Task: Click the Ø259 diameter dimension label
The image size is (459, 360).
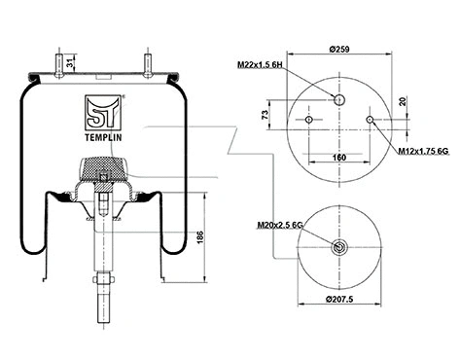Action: [x=340, y=50]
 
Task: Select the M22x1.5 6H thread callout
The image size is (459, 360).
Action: [x=260, y=65]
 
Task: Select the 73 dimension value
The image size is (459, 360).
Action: [x=265, y=116]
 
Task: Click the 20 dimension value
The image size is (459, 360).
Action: [x=403, y=101]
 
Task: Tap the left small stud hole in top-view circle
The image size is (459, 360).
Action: [x=308, y=120]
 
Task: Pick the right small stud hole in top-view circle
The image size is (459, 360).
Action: [x=370, y=120]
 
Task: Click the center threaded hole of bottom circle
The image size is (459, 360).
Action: [x=338, y=247]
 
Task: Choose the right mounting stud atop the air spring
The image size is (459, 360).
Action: [x=149, y=62]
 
